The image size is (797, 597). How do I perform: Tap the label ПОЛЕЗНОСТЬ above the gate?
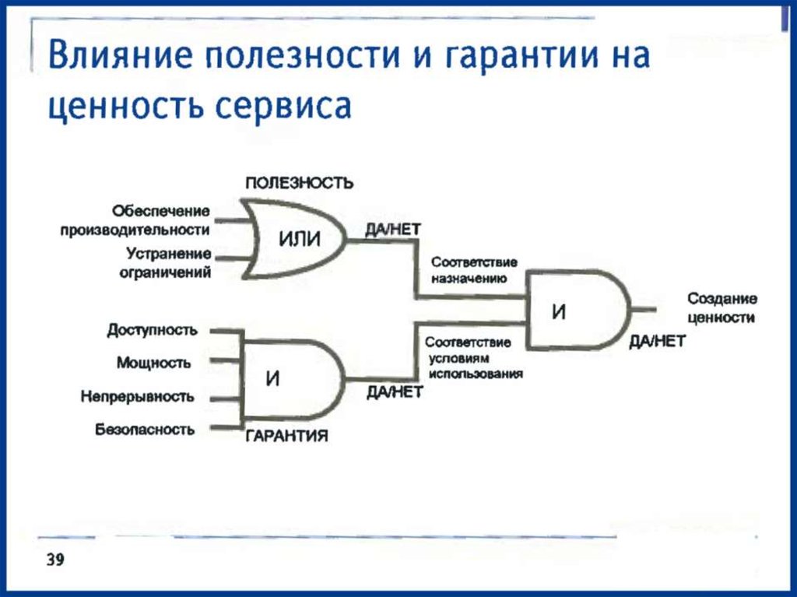(300, 184)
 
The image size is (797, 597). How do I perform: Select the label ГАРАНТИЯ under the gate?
(287, 436)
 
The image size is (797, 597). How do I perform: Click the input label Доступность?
(152, 330)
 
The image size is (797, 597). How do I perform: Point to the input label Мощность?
(154, 363)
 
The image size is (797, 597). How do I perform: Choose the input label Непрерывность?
(137, 397)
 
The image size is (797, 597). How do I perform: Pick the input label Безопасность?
(145, 430)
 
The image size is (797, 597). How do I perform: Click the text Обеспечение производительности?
(136, 220)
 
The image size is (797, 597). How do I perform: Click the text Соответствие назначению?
(473, 269)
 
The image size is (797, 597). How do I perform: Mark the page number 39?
(55, 560)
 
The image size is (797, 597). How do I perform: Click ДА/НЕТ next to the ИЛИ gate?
(392, 230)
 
